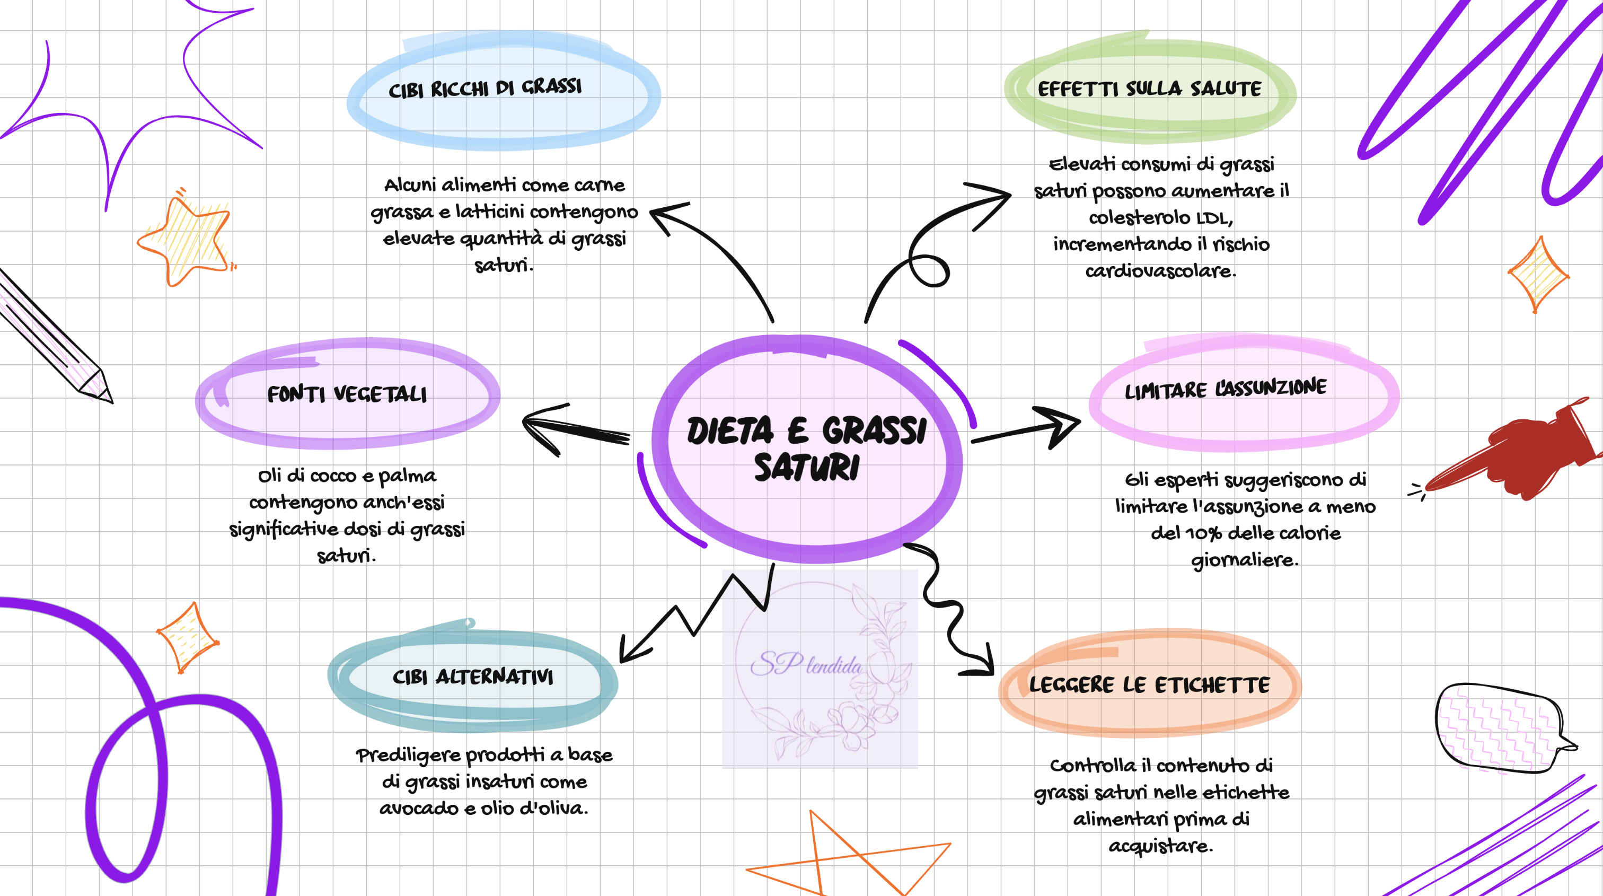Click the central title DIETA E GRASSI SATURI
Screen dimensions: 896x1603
(x=806, y=448)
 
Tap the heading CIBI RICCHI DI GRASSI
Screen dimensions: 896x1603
(x=486, y=89)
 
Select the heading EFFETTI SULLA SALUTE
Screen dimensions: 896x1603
(x=1149, y=89)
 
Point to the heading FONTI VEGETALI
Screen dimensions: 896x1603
(x=347, y=394)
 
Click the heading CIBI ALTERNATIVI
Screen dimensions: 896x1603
(x=473, y=677)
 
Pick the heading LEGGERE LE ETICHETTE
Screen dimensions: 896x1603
(x=1149, y=684)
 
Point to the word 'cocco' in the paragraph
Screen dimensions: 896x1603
(x=333, y=476)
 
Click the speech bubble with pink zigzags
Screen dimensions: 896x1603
(x=1500, y=728)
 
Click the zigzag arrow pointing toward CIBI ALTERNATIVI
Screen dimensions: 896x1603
(x=697, y=616)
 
